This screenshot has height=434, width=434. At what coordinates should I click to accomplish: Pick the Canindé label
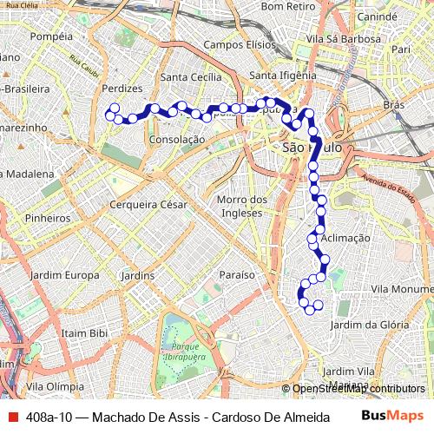(376, 16)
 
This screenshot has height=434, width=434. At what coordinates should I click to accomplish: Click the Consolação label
(176, 139)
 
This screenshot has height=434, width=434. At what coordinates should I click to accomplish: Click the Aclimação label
(345, 237)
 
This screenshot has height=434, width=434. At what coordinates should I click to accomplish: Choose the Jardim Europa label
(63, 275)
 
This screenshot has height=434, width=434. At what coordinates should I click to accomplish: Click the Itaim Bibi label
(84, 332)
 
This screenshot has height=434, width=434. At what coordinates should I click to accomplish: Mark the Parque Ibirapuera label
(181, 350)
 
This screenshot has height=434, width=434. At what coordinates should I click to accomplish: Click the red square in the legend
(12, 417)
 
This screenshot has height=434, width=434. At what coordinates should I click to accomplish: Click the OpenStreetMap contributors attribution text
(358, 390)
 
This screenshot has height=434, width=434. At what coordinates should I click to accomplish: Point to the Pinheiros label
(47, 219)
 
